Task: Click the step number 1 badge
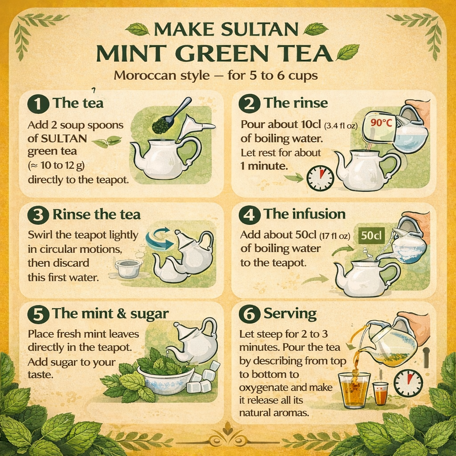(x=38, y=104)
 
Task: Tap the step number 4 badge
(x=249, y=216)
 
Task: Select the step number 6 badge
(x=249, y=315)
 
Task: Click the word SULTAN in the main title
(x=260, y=29)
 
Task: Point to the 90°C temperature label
(x=382, y=122)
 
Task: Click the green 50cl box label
(x=371, y=235)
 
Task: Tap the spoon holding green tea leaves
(x=171, y=116)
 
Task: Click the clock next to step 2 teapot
(x=320, y=178)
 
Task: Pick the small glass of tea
(x=381, y=394)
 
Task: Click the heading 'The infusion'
(x=305, y=214)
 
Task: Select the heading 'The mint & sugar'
(x=110, y=313)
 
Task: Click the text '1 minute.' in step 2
(x=264, y=166)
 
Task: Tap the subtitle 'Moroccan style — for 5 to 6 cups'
(x=216, y=76)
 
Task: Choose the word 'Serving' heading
(x=290, y=314)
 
